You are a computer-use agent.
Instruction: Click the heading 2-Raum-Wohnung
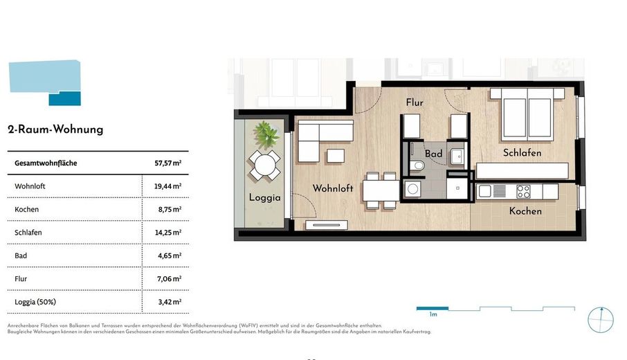(55, 129)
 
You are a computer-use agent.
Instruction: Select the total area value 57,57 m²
(168, 163)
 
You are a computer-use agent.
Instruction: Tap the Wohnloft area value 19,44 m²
(168, 186)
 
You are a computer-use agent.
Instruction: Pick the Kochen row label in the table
(27, 209)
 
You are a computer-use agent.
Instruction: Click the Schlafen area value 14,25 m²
(168, 233)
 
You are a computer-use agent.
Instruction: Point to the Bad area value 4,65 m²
(170, 255)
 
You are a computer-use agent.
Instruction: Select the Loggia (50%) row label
(35, 302)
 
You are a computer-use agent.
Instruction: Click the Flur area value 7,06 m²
(169, 279)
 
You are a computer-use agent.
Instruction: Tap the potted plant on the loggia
(266, 134)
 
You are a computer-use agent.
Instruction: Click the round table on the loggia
(265, 165)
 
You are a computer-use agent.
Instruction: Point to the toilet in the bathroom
(417, 165)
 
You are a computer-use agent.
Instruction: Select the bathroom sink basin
(457, 156)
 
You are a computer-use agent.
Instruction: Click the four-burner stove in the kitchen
(523, 191)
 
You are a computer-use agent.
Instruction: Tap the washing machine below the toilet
(412, 189)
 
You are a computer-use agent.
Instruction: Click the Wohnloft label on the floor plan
(333, 188)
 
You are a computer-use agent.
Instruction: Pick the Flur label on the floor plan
(415, 102)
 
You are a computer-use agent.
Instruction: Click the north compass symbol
(601, 320)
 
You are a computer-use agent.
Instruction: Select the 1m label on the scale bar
(433, 314)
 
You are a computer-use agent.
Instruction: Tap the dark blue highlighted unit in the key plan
(65, 98)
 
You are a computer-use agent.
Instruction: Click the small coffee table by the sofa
(336, 156)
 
